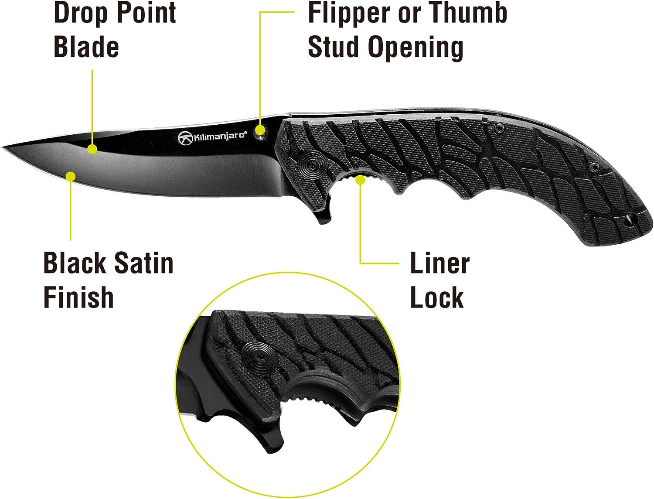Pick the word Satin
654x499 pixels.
(x=144, y=263)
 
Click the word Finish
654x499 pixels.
(x=78, y=297)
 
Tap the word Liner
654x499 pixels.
(x=440, y=263)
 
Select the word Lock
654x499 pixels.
(x=437, y=297)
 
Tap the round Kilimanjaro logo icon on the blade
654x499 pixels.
(x=184, y=138)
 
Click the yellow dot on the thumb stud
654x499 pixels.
(x=260, y=130)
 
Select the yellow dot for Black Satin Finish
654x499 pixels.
(x=70, y=176)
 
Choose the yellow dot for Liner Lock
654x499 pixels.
(x=360, y=179)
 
